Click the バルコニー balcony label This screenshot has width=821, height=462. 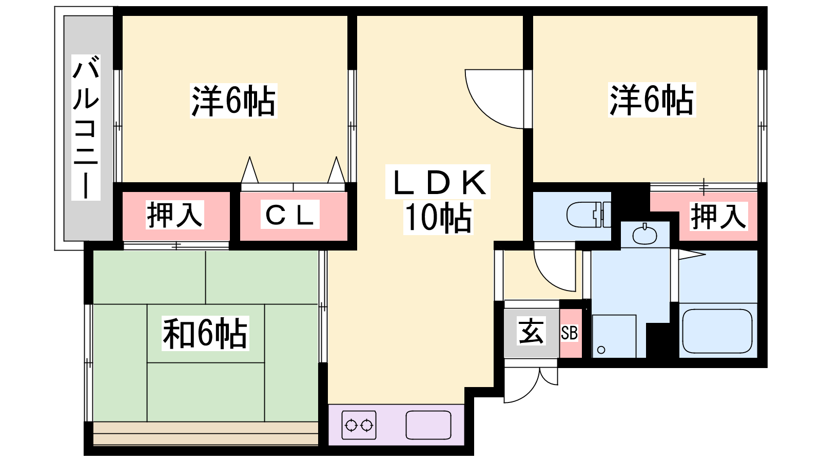pyautogui.click(x=86, y=127)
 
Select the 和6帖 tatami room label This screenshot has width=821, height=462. pyautogui.click(x=205, y=333)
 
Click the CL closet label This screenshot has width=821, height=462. pyautogui.click(x=290, y=215)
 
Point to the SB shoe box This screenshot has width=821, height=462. pyautogui.click(x=570, y=333)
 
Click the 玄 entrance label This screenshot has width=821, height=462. pyautogui.click(x=531, y=332)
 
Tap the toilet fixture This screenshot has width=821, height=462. pyautogui.click(x=588, y=215)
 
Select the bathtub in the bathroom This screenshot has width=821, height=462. pyautogui.click(x=717, y=331)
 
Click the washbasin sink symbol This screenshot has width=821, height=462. pyautogui.click(x=644, y=236)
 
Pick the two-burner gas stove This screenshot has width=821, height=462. pyautogui.click(x=359, y=425)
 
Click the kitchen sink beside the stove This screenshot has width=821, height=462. pyautogui.click(x=428, y=425)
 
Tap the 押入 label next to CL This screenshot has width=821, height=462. pyautogui.click(x=175, y=215)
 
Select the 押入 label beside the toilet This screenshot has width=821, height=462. pyautogui.click(x=718, y=216)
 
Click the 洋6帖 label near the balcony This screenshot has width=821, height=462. pyautogui.click(x=233, y=101)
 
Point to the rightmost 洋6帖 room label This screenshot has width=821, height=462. pyautogui.click(x=651, y=100)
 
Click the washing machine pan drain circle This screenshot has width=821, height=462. pyautogui.click(x=601, y=350)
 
